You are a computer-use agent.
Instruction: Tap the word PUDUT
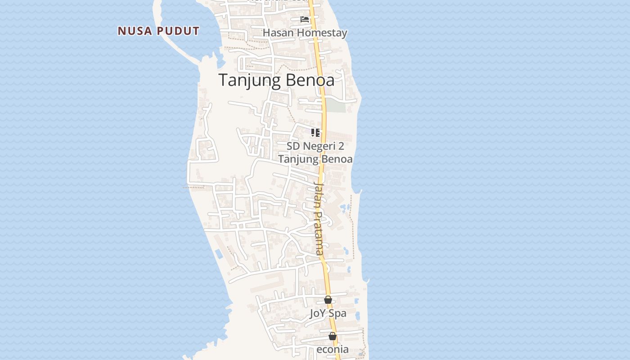coord(178,31)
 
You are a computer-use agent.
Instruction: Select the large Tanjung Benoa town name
coord(276,80)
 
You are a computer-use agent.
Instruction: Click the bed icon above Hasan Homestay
coord(305,19)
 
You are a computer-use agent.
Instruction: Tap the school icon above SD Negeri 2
coord(315,133)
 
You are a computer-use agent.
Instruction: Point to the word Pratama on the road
coord(319,234)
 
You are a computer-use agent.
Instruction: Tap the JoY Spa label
coord(328,313)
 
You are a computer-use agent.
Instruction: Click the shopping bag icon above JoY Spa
coord(328,300)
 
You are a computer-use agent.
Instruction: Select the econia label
coord(333,350)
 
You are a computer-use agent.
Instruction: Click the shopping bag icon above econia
coord(333,336)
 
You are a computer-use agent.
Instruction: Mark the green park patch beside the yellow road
coord(336,106)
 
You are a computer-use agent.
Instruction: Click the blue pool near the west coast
coord(219,254)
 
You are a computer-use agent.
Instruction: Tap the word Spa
coord(337,313)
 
